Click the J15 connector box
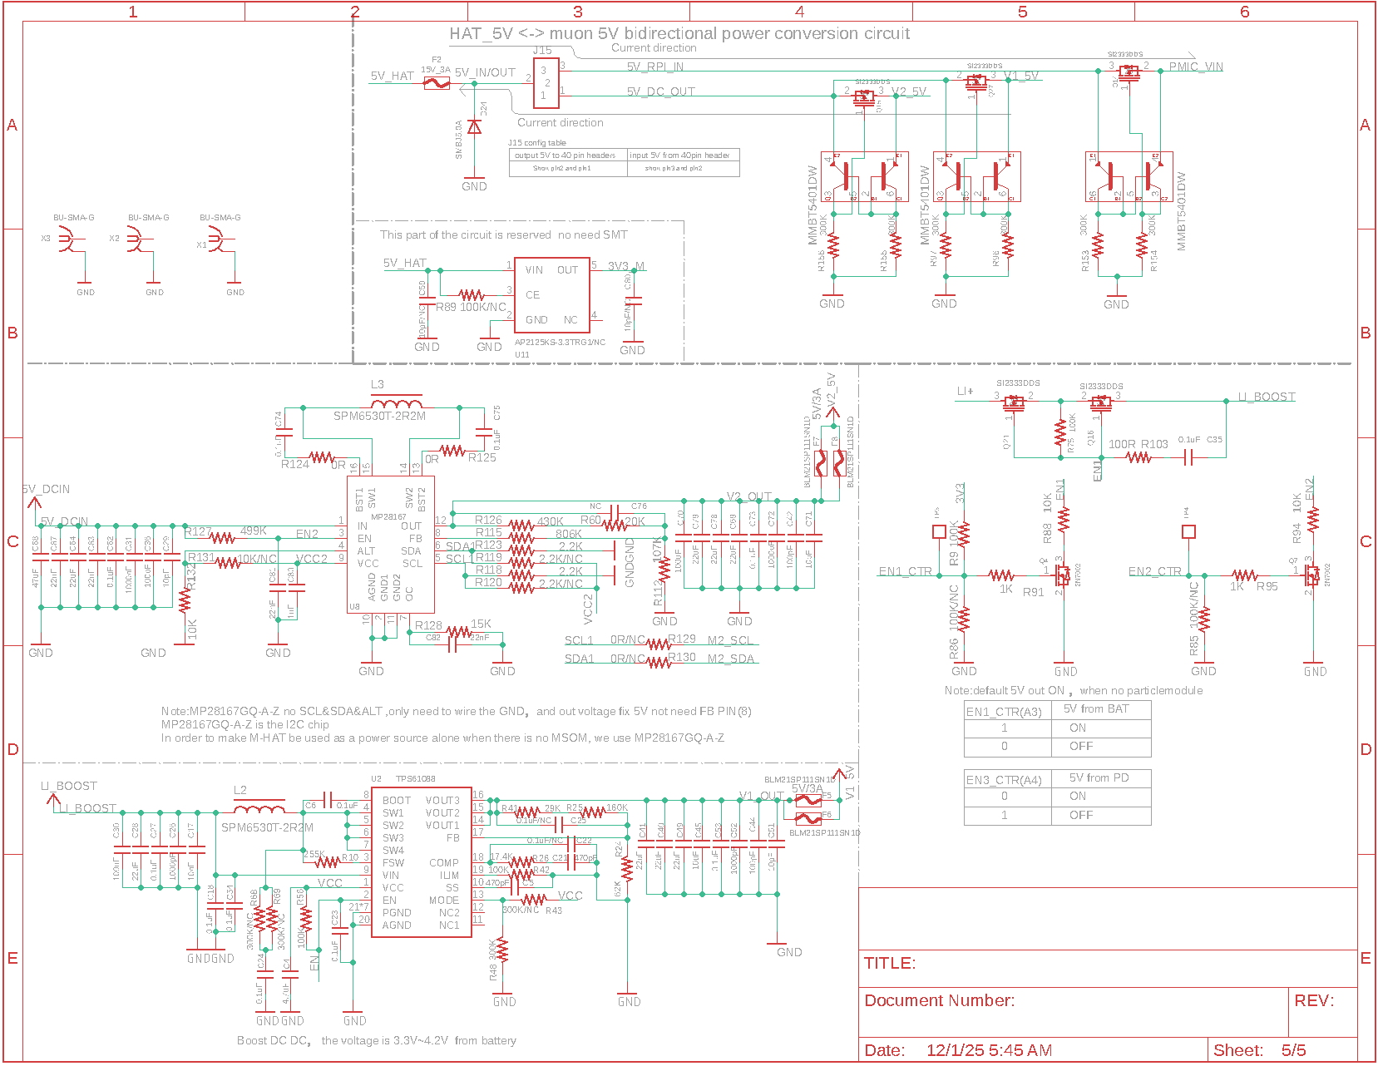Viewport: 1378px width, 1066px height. pyautogui.click(x=546, y=82)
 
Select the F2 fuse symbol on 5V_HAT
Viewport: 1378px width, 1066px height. pyautogui.click(x=437, y=83)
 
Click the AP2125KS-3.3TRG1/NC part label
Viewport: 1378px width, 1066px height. pyautogui.click(x=560, y=342)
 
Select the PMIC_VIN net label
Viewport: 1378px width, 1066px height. pyautogui.click(x=1196, y=67)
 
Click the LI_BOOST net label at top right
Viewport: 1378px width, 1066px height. pyautogui.click(x=1266, y=397)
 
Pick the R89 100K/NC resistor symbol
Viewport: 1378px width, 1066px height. pyautogui.click(x=472, y=294)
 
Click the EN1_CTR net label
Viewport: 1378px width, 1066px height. pyautogui.click(x=905, y=571)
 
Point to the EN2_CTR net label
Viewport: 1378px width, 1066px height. pyautogui.click(x=1154, y=571)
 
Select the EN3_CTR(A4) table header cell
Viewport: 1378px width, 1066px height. pyautogui.click(x=1003, y=780)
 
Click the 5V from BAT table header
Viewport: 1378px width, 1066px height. pyautogui.click(x=1095, y=709)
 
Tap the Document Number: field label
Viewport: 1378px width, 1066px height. pyautogui.click(x=939, y=1000)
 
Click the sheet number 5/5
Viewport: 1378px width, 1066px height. pyautogui.click(x=1293, y=1050)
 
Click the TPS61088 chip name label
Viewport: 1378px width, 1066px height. pyautogui.click(x=415, y=779)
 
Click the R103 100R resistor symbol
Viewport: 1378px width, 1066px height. pyautogui.click(x=1138, y=457)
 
